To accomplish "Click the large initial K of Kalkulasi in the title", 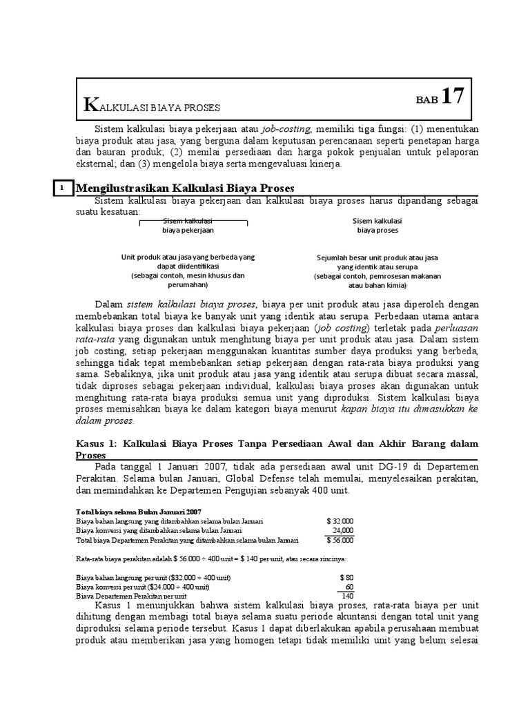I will click(88, 105).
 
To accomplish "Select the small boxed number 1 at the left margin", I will click(62, 187).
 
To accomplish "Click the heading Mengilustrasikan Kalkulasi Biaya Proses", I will click(185, 188).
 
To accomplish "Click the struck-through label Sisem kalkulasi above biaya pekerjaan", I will click(188, 220).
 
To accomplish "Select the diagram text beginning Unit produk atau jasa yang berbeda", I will click(188, 257).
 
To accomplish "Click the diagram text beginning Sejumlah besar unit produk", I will click(377, 257).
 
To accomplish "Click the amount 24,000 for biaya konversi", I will click(341, 530).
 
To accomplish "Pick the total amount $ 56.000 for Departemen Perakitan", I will click(340, 540).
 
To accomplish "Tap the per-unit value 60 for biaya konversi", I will click(349, 586).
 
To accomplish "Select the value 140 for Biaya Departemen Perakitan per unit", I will click(347, 596).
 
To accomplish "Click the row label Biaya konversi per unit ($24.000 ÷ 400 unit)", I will click(144, 586).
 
